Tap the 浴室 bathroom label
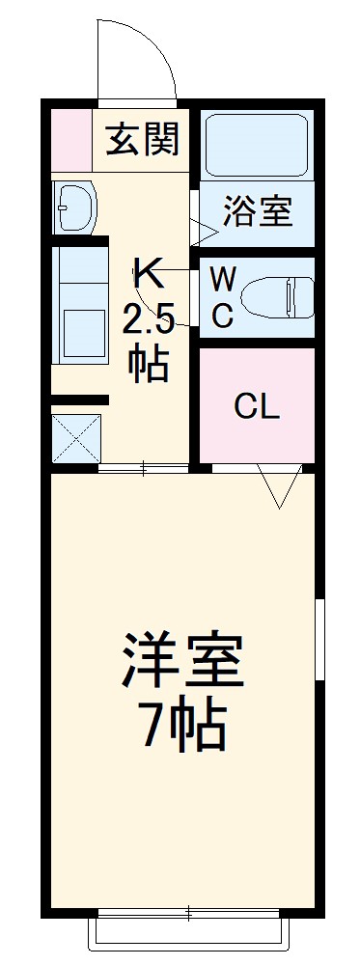point(258,211)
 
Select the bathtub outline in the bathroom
point(258,145)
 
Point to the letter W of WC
point(223,280)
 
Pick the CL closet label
point(257,407)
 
